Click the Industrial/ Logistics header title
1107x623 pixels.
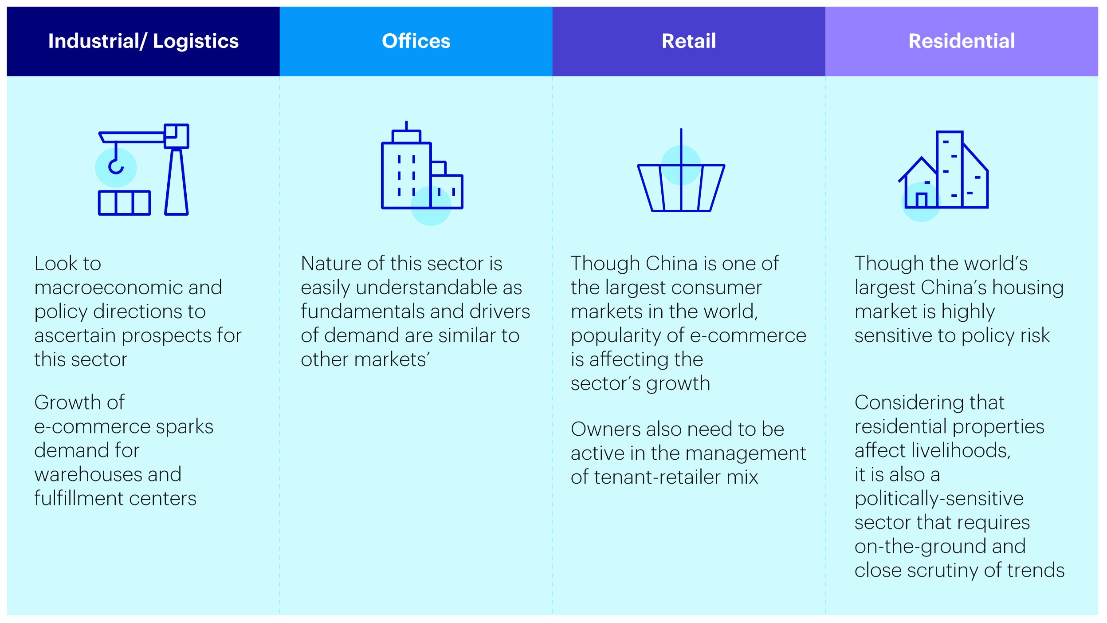[143, 41]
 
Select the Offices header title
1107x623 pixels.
[416, 41]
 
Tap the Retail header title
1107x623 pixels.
[689, 41]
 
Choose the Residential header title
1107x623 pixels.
[962, 41]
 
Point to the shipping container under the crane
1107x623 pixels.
[124, 203]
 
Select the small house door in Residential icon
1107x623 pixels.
[921, 200]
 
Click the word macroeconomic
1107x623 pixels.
[108, 288]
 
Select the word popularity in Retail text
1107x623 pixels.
[627, 336]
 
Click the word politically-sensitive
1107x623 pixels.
[939, 499]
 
